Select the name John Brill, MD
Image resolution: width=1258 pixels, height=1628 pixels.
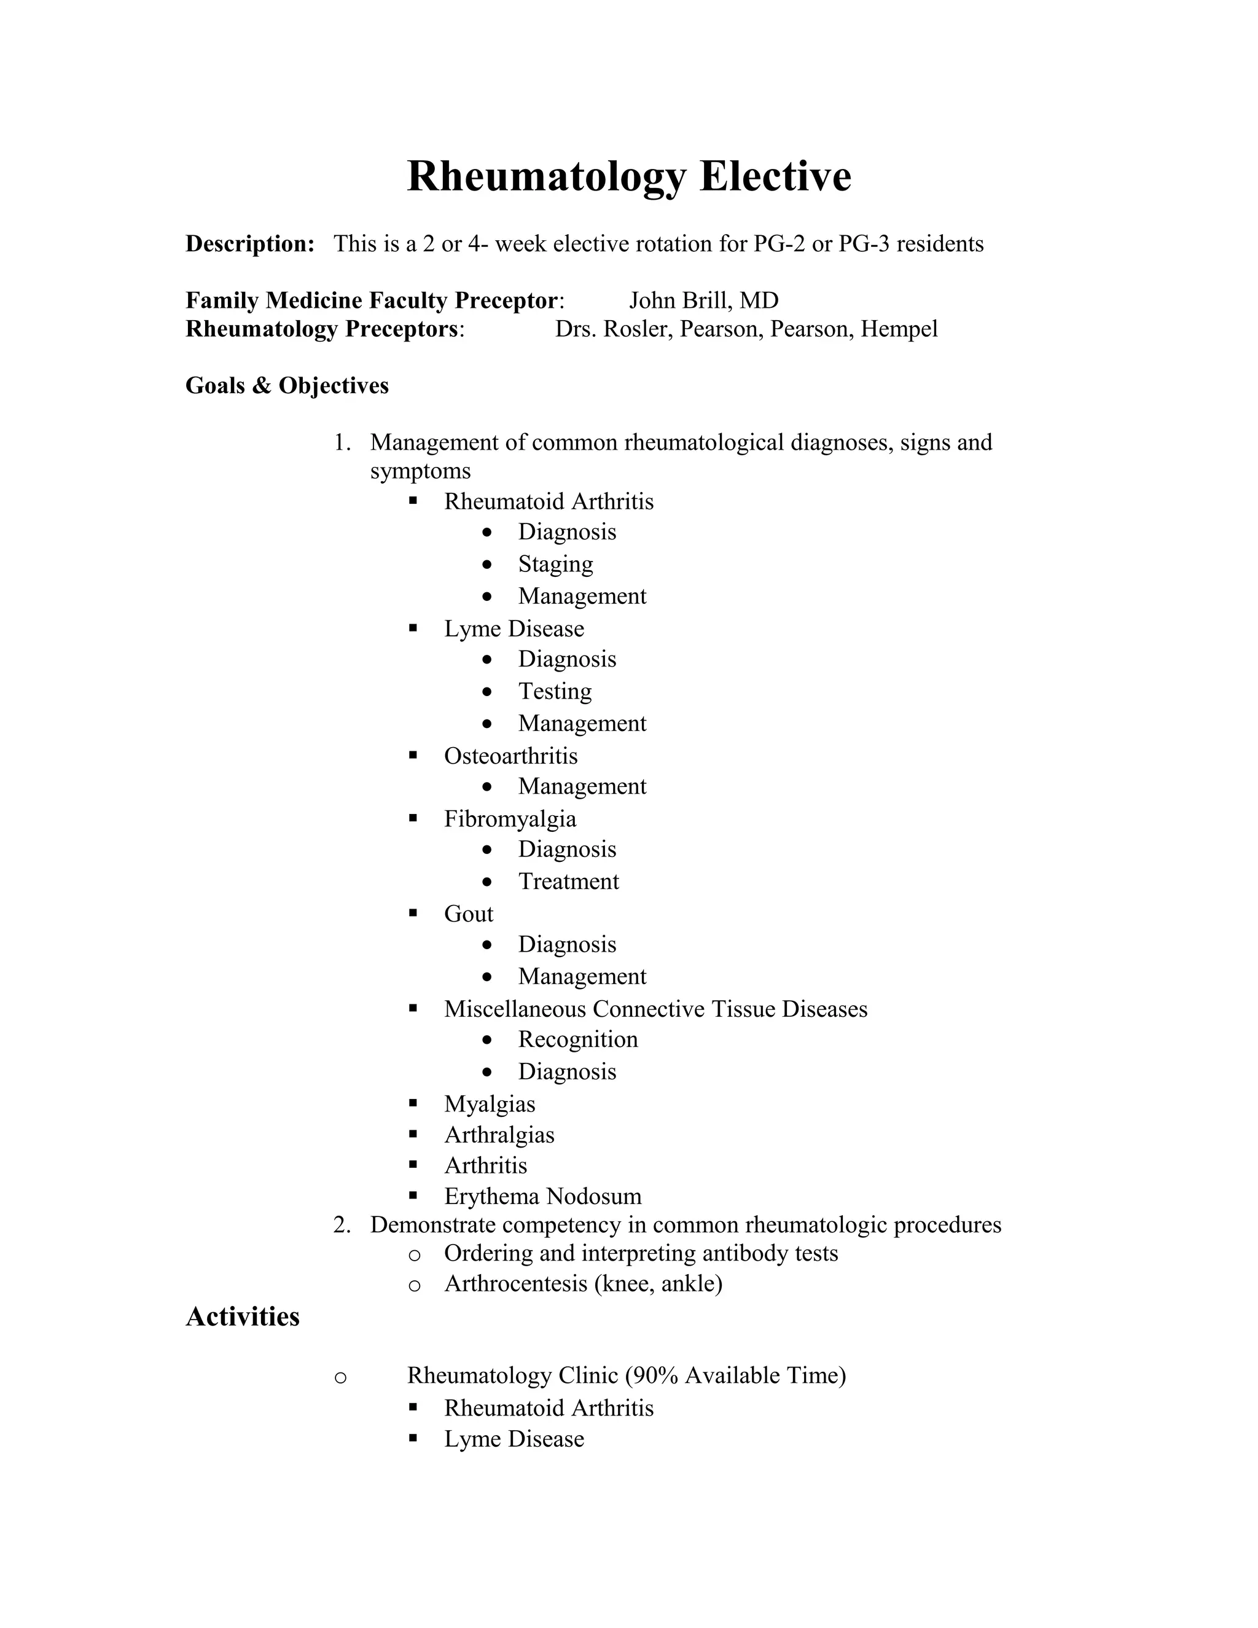703,300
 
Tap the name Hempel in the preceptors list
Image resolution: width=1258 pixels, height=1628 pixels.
899,329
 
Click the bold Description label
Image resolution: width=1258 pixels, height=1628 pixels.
249,244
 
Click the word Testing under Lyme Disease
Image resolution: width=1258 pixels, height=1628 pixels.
555,691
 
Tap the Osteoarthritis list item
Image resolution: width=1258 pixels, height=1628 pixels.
510,756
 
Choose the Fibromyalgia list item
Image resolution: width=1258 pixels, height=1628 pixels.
510,818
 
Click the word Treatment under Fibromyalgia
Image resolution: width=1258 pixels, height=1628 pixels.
568,881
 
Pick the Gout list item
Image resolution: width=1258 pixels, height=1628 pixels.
468,914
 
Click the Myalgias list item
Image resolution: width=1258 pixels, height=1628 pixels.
489,1104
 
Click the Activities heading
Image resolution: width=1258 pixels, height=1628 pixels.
242,1317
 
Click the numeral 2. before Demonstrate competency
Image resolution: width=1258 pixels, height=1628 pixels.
342,1225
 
